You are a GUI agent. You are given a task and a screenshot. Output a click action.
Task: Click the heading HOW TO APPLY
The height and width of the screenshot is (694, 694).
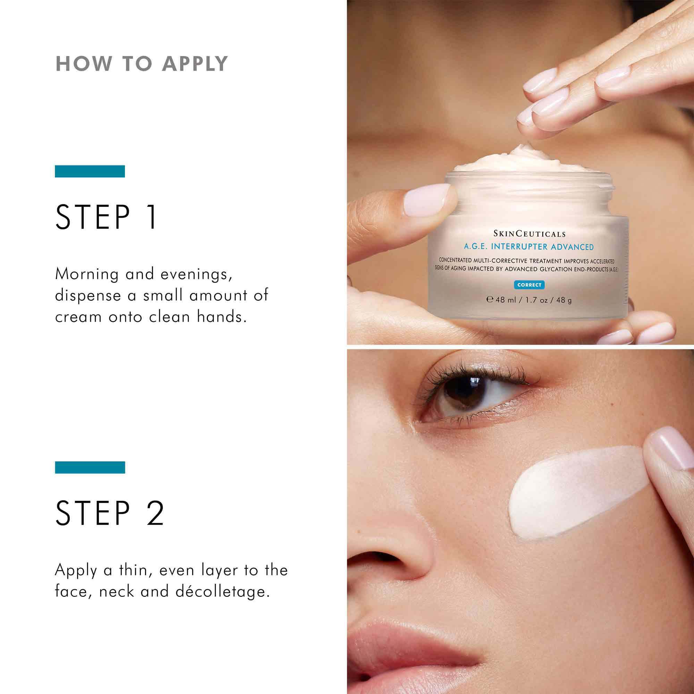tap(142, 64)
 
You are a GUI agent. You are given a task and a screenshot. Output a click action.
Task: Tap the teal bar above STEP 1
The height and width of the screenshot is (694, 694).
tap(90, 171)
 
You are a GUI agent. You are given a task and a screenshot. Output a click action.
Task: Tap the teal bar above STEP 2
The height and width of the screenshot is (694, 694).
tap(90, 467)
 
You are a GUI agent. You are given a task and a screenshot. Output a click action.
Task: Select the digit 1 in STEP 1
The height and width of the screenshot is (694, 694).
tap(152, 217)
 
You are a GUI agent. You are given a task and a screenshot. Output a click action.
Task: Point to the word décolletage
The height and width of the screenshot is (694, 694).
tap(222, 592)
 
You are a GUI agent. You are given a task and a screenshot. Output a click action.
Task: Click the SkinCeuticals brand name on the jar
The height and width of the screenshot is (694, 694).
tap(529, 234)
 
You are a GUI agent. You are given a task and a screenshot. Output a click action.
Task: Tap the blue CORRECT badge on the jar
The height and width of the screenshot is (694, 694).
tap(529, 285)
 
